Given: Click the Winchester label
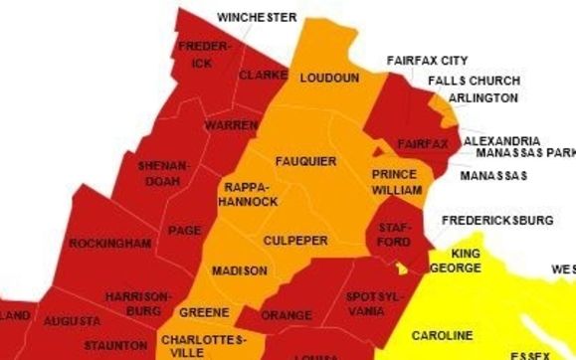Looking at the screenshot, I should click(257, 18).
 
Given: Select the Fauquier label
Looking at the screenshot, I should click(305, 161).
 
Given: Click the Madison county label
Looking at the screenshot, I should click(240, 270).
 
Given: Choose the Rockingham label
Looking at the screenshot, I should click(109, 243).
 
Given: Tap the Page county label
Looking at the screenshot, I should click(185, 230).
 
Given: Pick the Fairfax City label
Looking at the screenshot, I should click(427, 61).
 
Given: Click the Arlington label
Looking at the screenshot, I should click(482, 98).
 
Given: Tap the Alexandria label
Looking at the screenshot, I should click(502, 140).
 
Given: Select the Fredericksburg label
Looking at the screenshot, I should click(497, 219).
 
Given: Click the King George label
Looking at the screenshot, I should click(459, 261).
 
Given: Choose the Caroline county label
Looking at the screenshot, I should click(442, 335).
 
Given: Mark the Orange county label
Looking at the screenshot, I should click(287, 315).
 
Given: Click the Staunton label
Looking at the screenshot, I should click(115, 345).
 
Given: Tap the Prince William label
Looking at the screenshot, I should click(395, 181).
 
